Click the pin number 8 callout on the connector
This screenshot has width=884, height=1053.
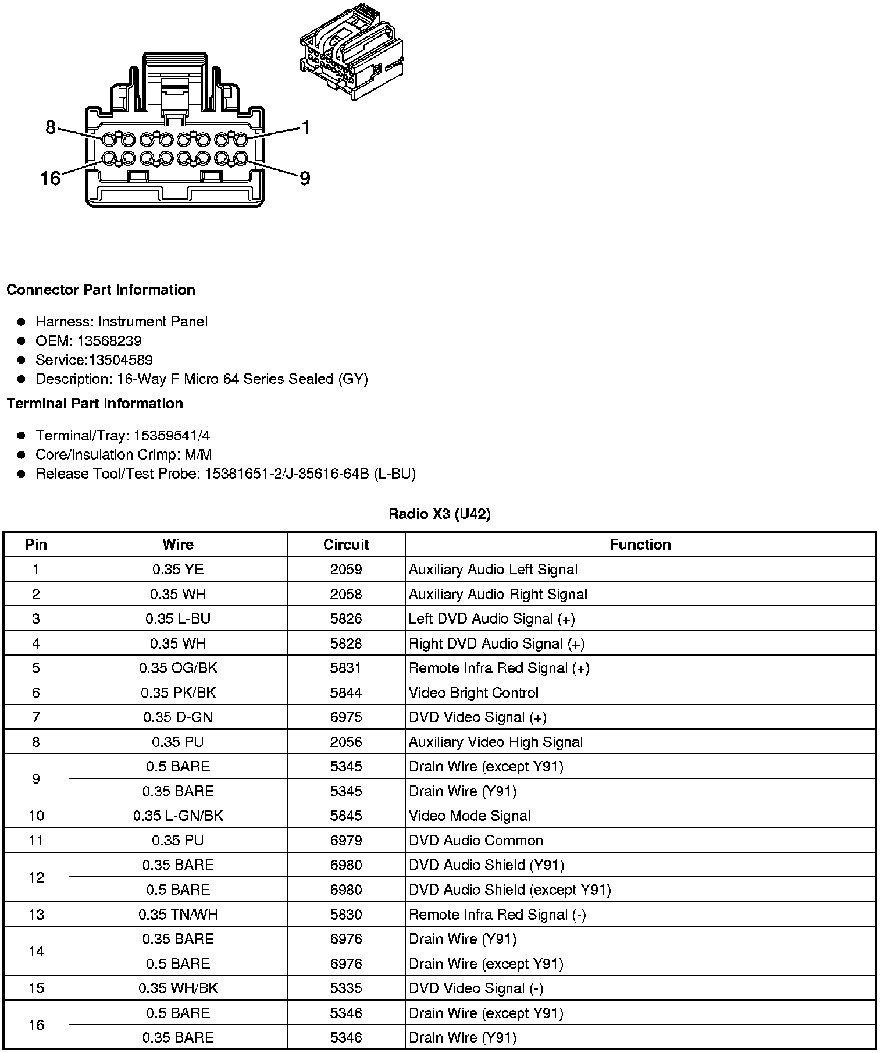50,127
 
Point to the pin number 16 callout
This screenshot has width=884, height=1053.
50,178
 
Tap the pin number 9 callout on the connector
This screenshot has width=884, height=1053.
305,178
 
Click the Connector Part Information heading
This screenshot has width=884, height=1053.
101,290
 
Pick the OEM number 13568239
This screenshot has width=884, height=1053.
109,341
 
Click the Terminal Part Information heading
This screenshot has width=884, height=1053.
95,403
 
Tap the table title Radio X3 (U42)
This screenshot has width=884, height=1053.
440,514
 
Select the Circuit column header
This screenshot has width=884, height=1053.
346,545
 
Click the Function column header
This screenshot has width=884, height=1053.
640,545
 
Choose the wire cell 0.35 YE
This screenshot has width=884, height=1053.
178,570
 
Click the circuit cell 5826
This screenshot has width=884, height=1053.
346,618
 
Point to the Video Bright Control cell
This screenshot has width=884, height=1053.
473,693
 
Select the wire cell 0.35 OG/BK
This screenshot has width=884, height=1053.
178,668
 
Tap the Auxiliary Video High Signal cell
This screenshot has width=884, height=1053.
496,742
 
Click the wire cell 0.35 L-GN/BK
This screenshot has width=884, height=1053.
178,816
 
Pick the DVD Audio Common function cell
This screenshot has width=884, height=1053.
476,841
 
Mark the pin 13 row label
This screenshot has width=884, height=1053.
36,915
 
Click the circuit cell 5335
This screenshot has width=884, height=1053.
346,988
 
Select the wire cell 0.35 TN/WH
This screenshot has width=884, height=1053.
178,915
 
